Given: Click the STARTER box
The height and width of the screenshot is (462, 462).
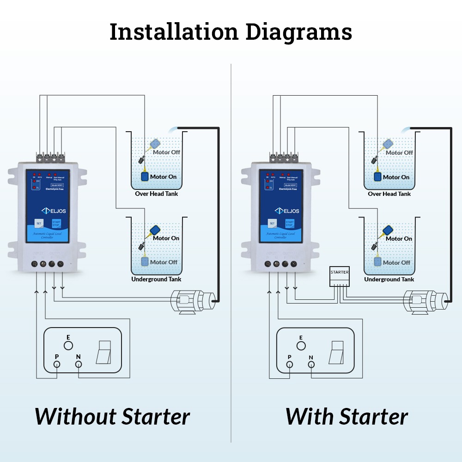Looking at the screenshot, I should click(340, 276).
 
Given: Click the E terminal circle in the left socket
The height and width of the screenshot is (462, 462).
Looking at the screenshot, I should click(68, 345).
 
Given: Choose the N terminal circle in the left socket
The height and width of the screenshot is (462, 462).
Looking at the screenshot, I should click(79, 365).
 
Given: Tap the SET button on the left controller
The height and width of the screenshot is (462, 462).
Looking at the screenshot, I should click(39, 223).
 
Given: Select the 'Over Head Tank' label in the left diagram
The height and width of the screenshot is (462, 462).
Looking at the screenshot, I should click(156, 194).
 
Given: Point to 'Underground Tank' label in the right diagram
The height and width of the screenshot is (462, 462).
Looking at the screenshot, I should click(389, 279).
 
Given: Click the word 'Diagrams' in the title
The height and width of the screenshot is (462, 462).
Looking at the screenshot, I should click(298, 32).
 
